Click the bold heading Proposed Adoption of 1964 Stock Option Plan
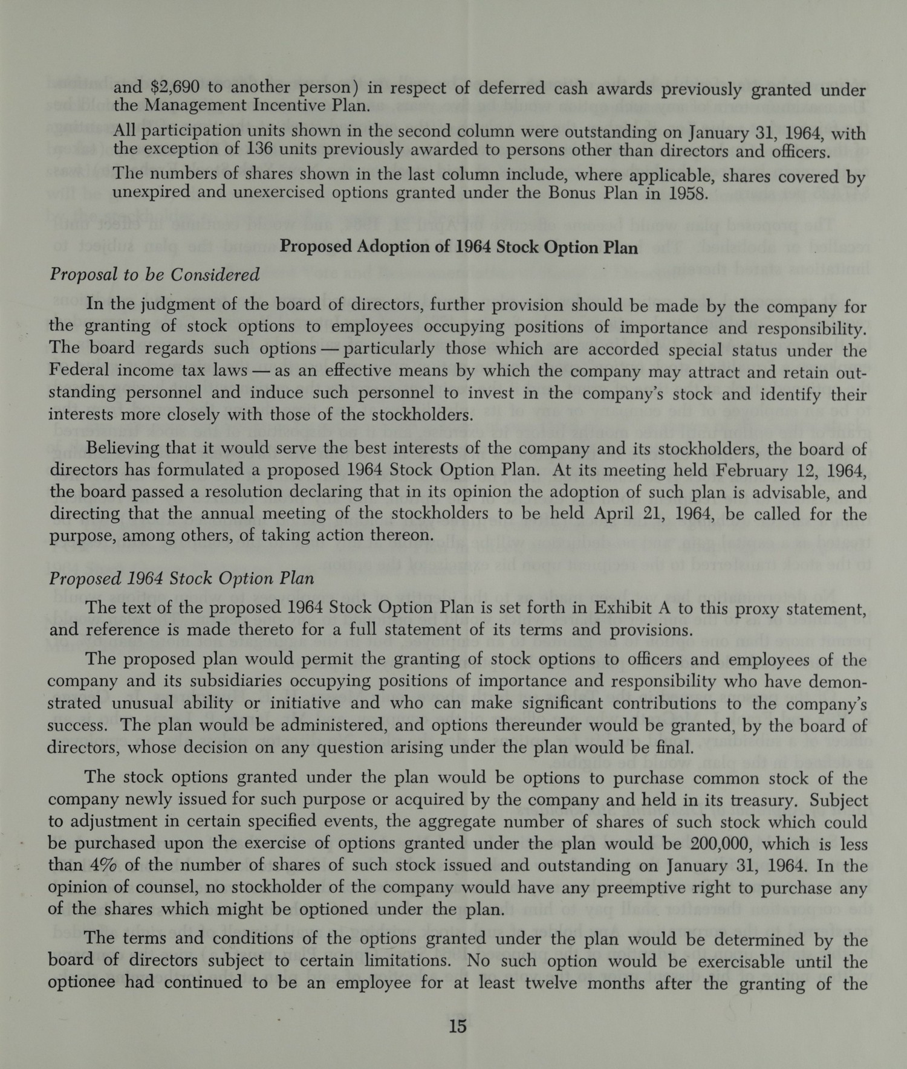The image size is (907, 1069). point(459,247)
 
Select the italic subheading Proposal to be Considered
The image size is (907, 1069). point(154,275)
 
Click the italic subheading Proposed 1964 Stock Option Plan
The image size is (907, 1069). point(181,578)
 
